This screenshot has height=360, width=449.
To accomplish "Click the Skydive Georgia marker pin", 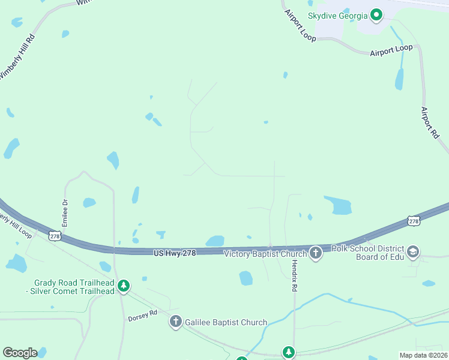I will (376, 14).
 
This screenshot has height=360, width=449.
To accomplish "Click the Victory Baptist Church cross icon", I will (316, 253).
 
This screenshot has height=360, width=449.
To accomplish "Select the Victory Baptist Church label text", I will (265, 254).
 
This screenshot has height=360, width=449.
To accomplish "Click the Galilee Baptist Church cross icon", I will (175, 322).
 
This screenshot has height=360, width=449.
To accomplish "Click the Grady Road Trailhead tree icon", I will (124, 286).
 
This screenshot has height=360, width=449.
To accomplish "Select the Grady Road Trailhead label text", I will (74, 287).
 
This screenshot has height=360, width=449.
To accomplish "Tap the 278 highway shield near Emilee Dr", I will (56, 236).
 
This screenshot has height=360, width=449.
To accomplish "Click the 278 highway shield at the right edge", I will (414, 221).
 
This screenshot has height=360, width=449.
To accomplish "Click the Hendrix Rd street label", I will (295, 277).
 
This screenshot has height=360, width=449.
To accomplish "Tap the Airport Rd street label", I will (430, 122).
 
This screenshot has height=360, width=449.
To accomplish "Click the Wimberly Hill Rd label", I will (17, 56).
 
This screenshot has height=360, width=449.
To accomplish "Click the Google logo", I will (20, 353).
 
